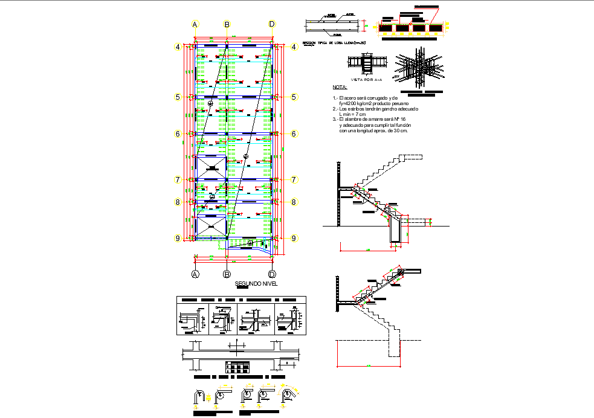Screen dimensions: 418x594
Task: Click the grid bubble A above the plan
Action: coord(195,24)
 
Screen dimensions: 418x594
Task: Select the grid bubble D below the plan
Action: coord(272,274)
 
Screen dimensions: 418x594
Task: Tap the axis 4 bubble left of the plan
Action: coord(178,47)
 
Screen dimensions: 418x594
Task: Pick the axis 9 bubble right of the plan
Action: coord(294,239)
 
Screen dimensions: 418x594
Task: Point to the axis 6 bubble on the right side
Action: coord(294,134)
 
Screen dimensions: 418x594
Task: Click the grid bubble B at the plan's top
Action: coord(227,24)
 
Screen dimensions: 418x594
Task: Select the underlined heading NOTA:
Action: coord(340,87)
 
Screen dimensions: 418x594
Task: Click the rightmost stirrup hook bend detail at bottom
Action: coord(289,395)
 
